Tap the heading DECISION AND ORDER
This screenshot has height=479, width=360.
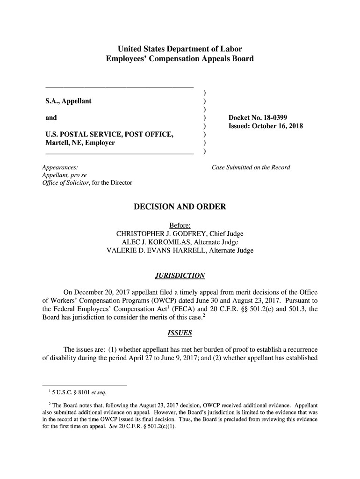pyautogui.click(x=180, y=206)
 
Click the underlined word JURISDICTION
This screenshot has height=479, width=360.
pyautogui.click(x=180, y=276)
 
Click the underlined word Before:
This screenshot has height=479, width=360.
pyautogui.click(x=180, y=225)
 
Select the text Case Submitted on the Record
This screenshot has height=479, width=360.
pyautogui.click(x=251, y=167)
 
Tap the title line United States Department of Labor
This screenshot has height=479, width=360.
pyautogui.click(x=180, y=49)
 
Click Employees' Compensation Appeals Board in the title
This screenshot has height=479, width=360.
pyautogui.click(x=180, y=59)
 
